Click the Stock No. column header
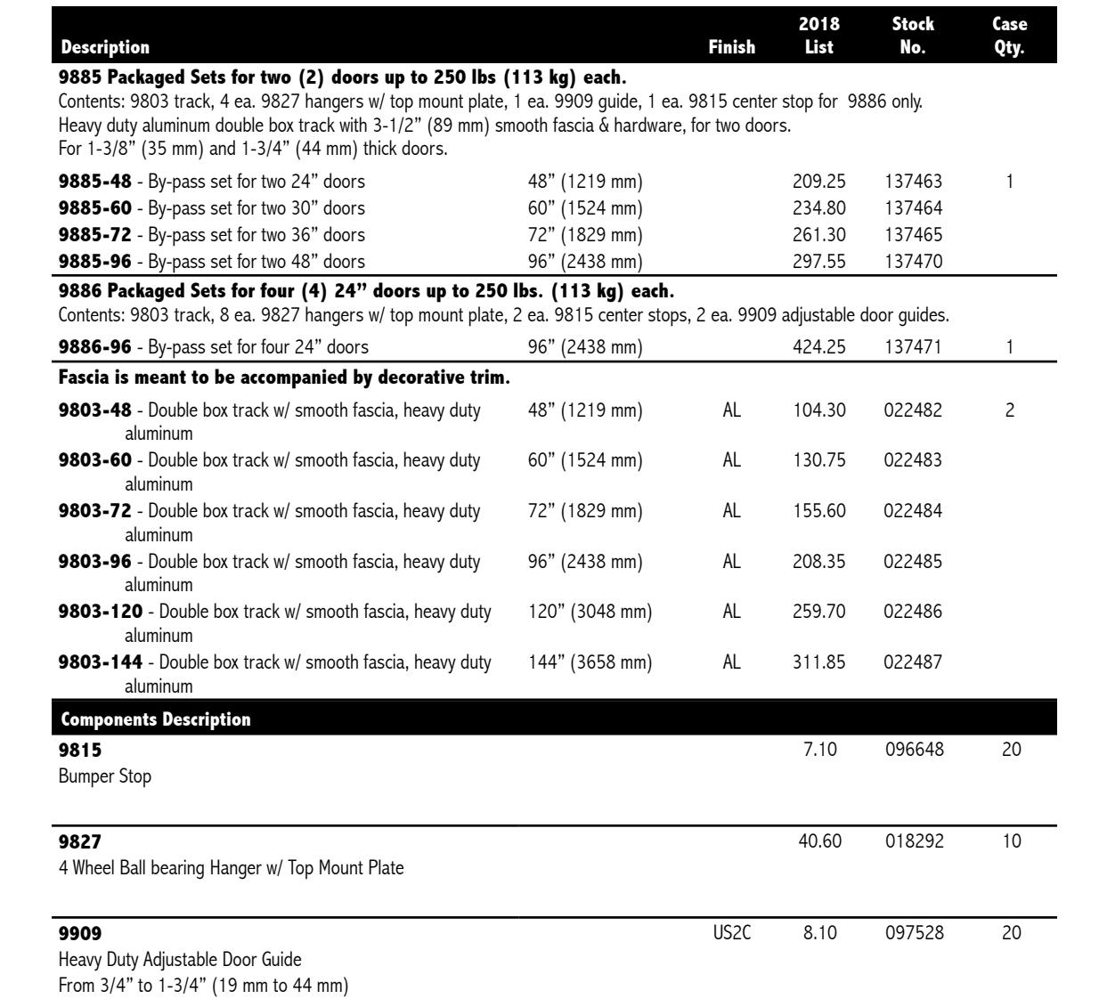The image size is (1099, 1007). tap(913, 36)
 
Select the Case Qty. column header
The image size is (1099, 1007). tap(1009, 36)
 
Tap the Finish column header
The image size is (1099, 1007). tap(731, 47)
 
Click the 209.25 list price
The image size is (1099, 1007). tap(818, 182)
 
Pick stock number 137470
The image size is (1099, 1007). tap(913, 262)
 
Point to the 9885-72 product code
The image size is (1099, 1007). tap(94, 235)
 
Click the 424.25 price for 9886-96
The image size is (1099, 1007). tap(818, 346)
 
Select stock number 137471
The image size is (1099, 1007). tap(913, 346)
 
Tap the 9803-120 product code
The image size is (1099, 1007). tap(100, 612)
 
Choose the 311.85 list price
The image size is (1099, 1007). tap(818, 662)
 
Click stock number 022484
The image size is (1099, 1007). tap(913, 511)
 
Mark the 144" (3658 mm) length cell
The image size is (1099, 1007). tap(590, 662)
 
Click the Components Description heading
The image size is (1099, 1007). tap(155, 719)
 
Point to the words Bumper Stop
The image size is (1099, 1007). tap(104, 776)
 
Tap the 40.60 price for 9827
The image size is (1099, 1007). tap(819, 841)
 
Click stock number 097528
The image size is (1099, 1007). tap(914, 933)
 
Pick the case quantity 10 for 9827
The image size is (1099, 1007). tap(1011, 841)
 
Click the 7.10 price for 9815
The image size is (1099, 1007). tap(819, 750)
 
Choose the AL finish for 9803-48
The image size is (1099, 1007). tap(731, 410)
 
